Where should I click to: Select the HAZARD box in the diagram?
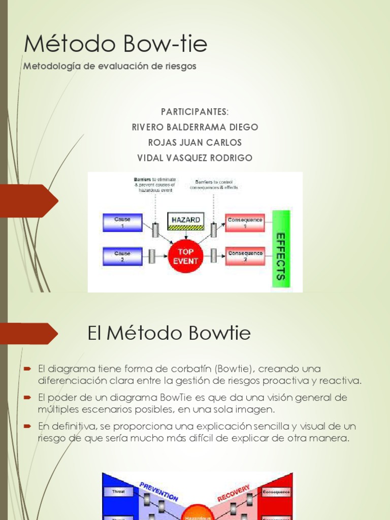[x=185, y=220]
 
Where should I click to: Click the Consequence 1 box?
[x=245, y=222]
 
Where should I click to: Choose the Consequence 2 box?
[x=245, y=255]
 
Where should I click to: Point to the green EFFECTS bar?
[x=281, y=249]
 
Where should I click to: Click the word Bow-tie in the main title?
[x=161, y=44]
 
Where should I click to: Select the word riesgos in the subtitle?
[x=178, y=67]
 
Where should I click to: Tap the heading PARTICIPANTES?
[x=194, y=112]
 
